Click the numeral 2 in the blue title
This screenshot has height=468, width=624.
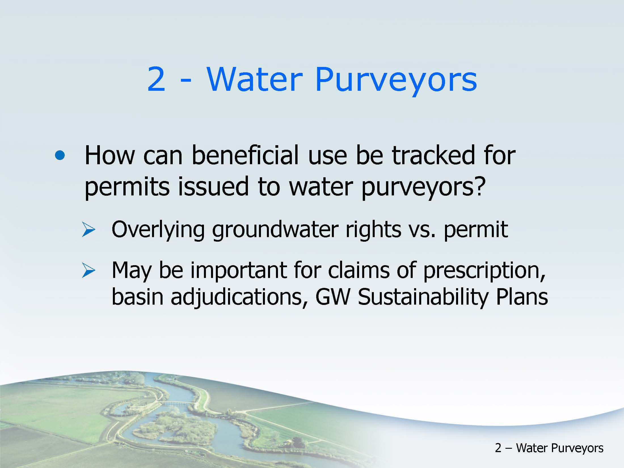coord(156,79)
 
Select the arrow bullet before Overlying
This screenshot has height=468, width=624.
coord(88,230)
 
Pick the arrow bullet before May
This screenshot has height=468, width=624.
coord(88,270)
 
